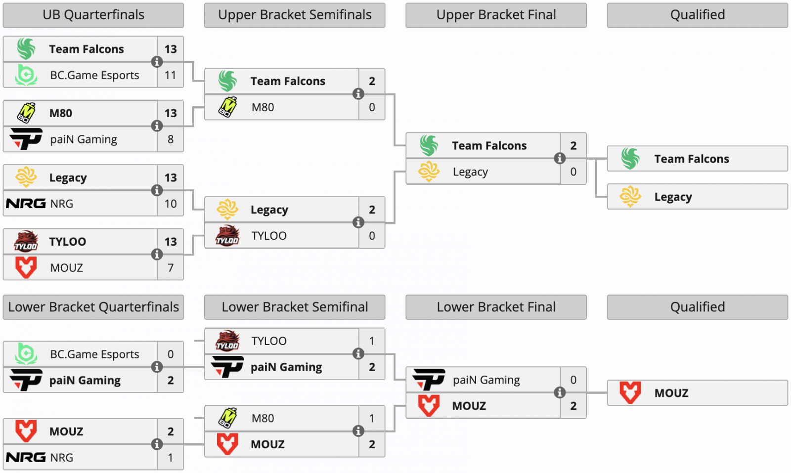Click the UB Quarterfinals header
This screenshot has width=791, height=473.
pos(93,15)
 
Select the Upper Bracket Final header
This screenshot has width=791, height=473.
pos(496,15)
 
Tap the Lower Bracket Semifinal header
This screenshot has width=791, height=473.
pos(295,307)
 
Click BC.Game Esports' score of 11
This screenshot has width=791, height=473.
pos(170,75)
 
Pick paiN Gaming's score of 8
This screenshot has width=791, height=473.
pos(171,139)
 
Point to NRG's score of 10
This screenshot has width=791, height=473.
pos(171,204)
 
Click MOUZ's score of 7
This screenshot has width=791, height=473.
pos(171,268)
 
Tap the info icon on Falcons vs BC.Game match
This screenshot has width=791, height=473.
pos(157,62)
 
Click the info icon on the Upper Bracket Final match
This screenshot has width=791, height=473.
pos(560,159)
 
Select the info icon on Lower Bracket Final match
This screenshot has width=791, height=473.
pos(560,392)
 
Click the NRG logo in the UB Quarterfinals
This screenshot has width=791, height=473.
pos(26,204)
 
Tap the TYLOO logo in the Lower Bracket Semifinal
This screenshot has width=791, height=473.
pos(227,341)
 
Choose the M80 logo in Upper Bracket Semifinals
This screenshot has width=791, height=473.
pos(227,107)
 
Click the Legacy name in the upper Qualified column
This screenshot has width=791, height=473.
pos(673,197)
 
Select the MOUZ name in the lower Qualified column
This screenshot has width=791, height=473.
pos(671,393)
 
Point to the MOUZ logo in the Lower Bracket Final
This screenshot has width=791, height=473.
pos(429,406)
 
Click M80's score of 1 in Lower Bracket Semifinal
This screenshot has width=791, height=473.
pos(372,418)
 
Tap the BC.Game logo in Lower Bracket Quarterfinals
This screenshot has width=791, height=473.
pos(26,354)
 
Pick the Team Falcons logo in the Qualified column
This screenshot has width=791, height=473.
pos(630,159)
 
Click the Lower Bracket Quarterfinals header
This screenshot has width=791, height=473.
pos(93,307)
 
